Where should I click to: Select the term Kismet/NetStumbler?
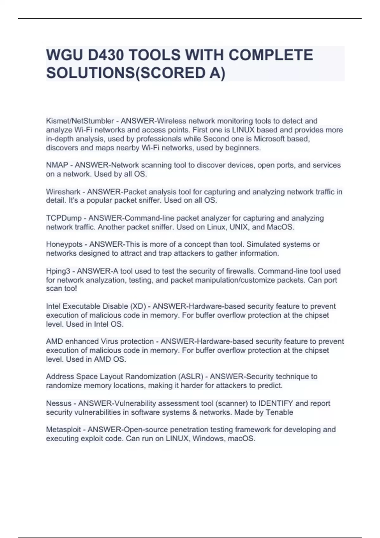click(80, 121)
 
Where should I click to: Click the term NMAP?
click(57, 165)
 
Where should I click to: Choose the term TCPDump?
click(64, 218)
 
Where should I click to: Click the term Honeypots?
click(64, 244)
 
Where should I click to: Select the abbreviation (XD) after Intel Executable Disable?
click(138, 306)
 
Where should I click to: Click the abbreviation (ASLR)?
click(191, 377)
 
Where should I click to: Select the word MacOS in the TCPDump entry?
click(281, 227)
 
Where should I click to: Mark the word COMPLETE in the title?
click(271, 55)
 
